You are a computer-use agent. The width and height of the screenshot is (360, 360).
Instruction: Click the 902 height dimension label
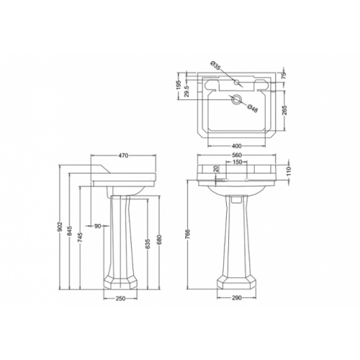60,226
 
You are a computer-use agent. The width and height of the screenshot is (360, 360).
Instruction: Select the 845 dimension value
70,231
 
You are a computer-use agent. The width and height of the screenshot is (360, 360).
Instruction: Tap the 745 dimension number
81,237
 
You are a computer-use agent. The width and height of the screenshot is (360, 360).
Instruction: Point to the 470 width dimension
124,156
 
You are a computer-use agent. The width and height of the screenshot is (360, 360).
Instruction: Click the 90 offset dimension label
98,226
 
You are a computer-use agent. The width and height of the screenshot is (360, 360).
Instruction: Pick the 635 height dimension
148,243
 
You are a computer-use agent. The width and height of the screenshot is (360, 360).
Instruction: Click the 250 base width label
120,298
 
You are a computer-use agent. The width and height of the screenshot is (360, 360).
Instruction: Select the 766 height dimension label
188,234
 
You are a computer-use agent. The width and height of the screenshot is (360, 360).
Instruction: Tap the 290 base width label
237,298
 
